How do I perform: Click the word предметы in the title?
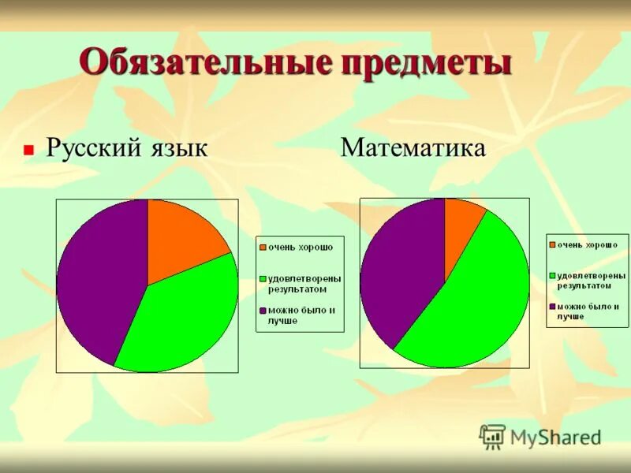pos(426,63)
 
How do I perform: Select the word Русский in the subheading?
pos(93,147)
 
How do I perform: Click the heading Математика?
pos(413,147)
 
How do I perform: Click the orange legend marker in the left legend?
pos(263,248)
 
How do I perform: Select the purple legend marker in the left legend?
pos(263,311)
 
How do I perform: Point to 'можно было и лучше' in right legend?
pos(588,311)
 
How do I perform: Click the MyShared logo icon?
pos(492,436)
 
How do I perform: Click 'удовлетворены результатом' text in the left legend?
pos(304,284)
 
